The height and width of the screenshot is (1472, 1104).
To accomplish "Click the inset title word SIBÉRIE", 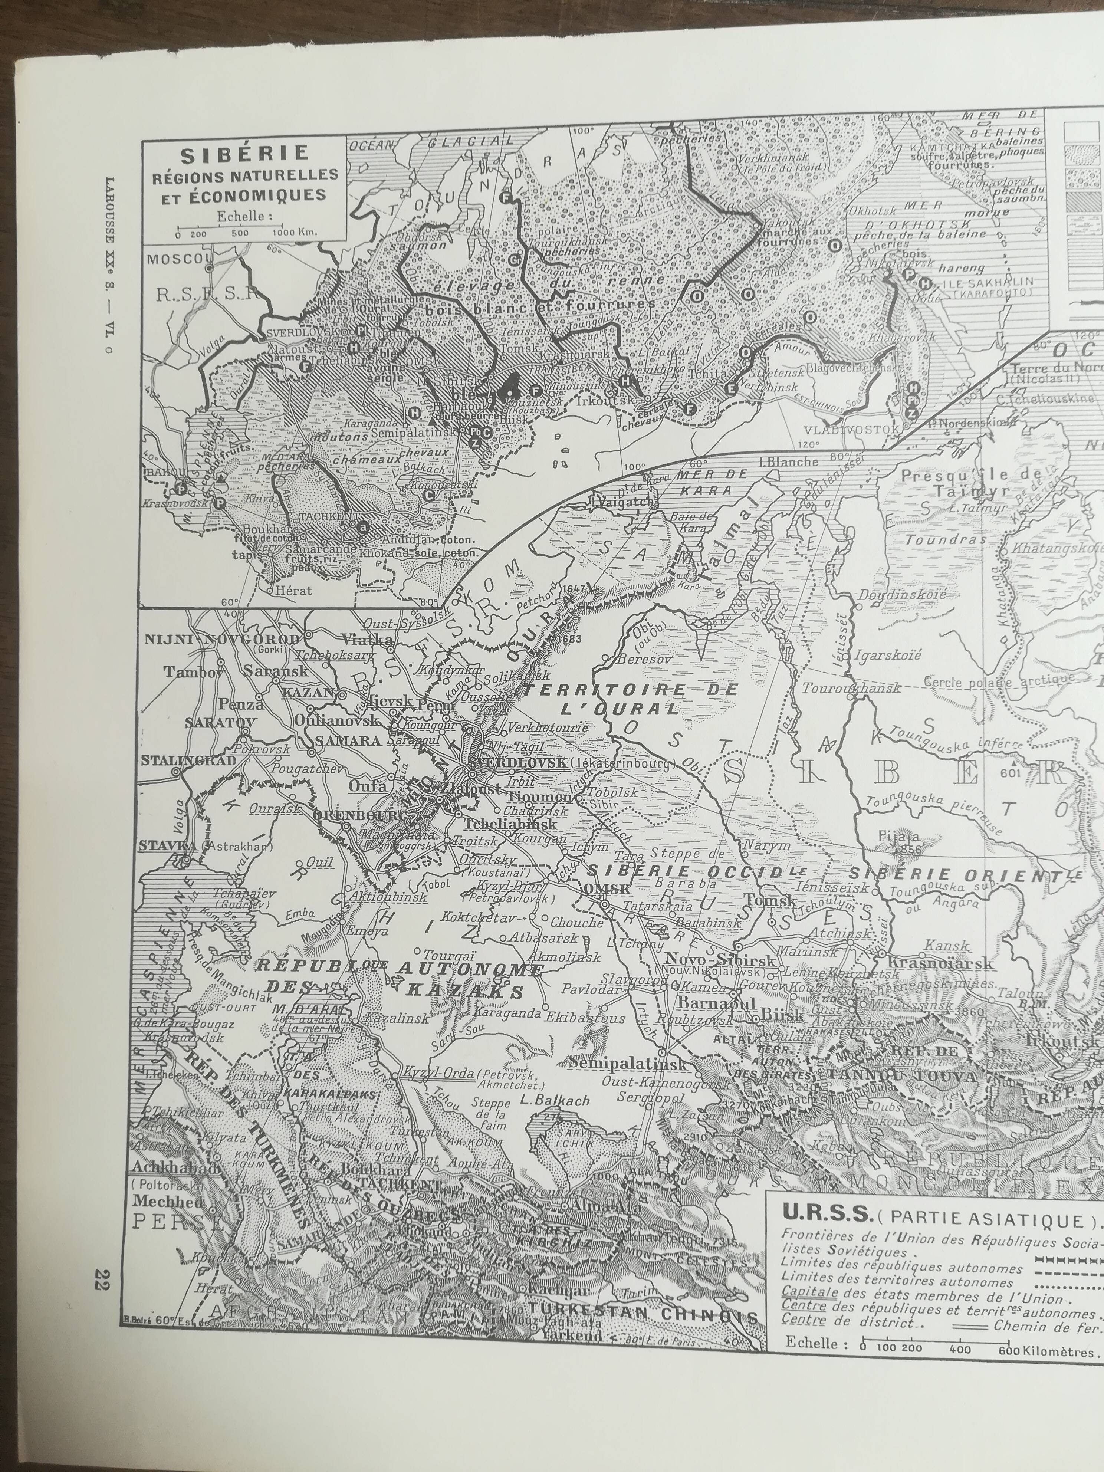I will click(245, 154).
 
